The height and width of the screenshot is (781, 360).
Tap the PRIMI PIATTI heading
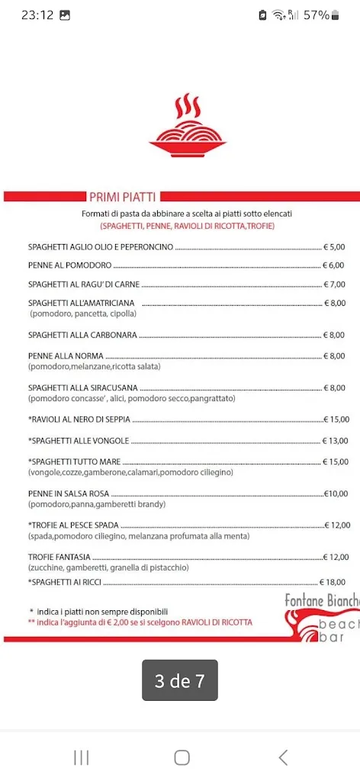(x=122, y=196)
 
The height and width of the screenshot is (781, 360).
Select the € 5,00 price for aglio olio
(x=334, y=247)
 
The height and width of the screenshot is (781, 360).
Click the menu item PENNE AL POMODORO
(x=70, y=265)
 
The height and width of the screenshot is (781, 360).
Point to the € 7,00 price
(x=334, y=284)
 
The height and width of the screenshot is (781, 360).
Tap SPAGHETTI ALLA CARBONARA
(x=82, y=335)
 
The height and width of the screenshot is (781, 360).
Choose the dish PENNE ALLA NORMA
(x=66, y=356)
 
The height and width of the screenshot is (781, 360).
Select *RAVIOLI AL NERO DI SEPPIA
(x=79, y=419)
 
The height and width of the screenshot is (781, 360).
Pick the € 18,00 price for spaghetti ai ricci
(x=334, y=582)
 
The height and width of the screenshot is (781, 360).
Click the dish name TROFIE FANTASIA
(x=59, y=557)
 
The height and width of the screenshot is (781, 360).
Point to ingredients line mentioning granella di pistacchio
(x=108, y=567)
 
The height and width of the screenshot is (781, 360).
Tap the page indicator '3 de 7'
(x=180, y=680)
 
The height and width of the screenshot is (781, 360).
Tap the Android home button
(x=182, y=757)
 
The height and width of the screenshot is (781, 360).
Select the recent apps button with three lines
(x=81, y=757)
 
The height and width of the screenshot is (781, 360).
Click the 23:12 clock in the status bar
(x=37, y=14)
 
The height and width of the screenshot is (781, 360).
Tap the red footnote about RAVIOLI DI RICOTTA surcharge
(x=140, y=622)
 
